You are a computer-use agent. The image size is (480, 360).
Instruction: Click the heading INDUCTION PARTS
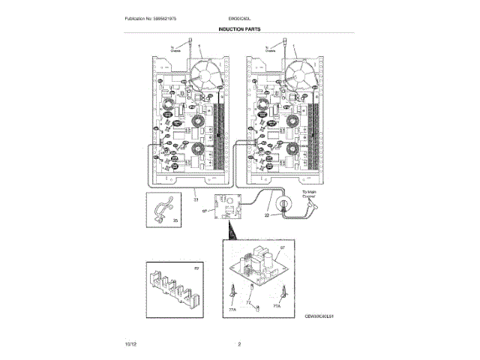240,27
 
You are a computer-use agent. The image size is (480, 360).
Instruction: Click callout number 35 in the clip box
175,220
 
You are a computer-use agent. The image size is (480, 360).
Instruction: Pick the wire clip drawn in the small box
161,212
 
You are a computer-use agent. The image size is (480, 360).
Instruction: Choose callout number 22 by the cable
268,216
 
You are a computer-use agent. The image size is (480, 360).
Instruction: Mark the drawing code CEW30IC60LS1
319,318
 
